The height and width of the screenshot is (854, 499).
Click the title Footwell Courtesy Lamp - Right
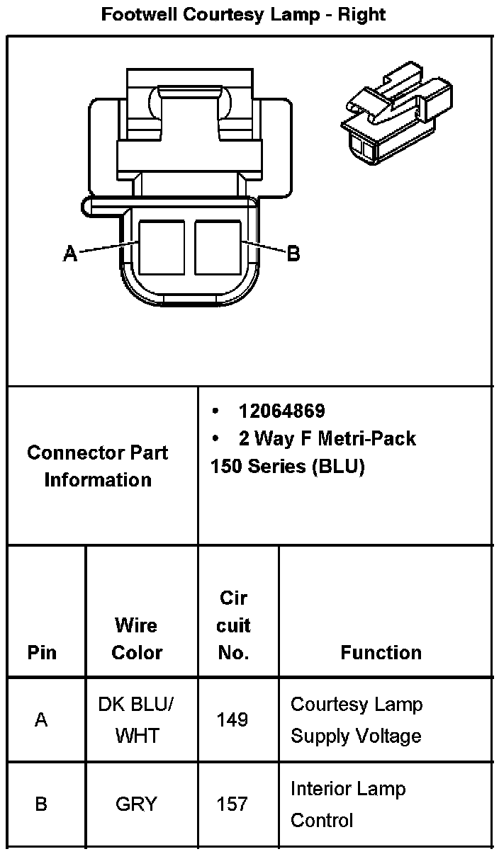(x=243, y=14)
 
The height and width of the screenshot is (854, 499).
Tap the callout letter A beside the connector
(x=70, y=253)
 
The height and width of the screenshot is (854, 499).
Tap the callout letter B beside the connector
(x=293, y=253)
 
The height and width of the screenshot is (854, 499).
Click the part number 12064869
(x=281, y=411)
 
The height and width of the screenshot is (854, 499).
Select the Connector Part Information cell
(x=98, y=466)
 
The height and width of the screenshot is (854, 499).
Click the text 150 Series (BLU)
(x=287, y=467)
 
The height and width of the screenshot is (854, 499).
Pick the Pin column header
(x=42, y=652)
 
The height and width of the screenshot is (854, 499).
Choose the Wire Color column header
(x=137, y=639)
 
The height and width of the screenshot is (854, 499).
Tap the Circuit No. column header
(x=233, y=625)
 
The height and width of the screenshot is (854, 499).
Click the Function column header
(x=381, y=652)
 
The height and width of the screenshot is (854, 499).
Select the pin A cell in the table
(x=42, y=720)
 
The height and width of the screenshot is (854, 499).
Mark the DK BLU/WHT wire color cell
(x=137, y=720)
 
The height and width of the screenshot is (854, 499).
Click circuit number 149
(x=232, y=720)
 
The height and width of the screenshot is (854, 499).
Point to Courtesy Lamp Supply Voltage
(x=357, y=720)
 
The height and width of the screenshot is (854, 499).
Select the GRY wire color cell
(x=137, y=804)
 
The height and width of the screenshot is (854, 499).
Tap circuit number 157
(x=232, y=804)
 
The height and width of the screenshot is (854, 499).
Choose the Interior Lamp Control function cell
(x=347, y=804)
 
